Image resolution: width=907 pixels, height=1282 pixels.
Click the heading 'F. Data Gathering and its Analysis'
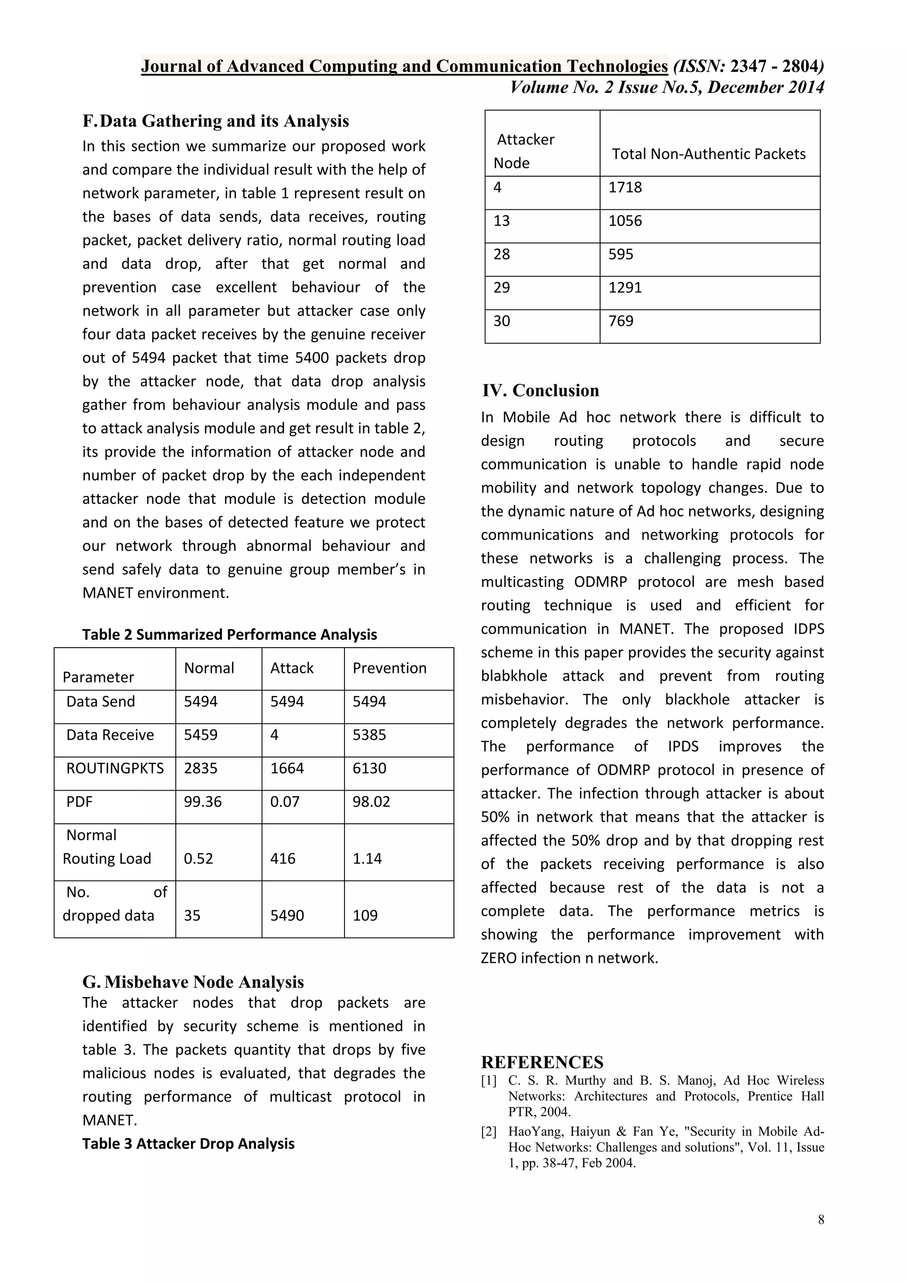pyautogui.click(x=216, y=121)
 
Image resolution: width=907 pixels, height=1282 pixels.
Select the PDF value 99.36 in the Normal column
pyautogui.click(x=203, y=801)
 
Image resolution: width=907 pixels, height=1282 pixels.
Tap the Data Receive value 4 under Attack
pyautogui.click(x=274, y=734)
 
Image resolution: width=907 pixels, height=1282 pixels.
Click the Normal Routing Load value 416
pyautogui.click(x=283, y=858)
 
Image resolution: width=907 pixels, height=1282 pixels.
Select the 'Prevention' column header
pyautogui.click(x=389, y=668)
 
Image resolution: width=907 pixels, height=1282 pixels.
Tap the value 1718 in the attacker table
pyautogui.click(x=625, y=187)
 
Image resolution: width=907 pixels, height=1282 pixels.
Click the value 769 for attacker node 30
pyautogui.click(x=621, y=320)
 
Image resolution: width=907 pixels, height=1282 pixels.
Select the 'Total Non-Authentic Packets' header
pyautogui.click(x=709, y=154)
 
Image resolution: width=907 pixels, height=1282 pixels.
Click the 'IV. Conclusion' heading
pyautogui.click(x=541, y=390)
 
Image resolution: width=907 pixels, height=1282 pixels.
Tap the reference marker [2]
pyautogui.click(x=488, y=1132)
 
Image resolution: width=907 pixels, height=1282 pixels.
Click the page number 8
pyautogui.click(x=821, y=1220)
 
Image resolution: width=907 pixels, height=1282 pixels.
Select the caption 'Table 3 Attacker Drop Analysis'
pyautogui.click(x=188, y=1143)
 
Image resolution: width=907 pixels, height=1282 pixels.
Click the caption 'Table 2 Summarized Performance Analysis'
pyautogui.click(x=229, y=634)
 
